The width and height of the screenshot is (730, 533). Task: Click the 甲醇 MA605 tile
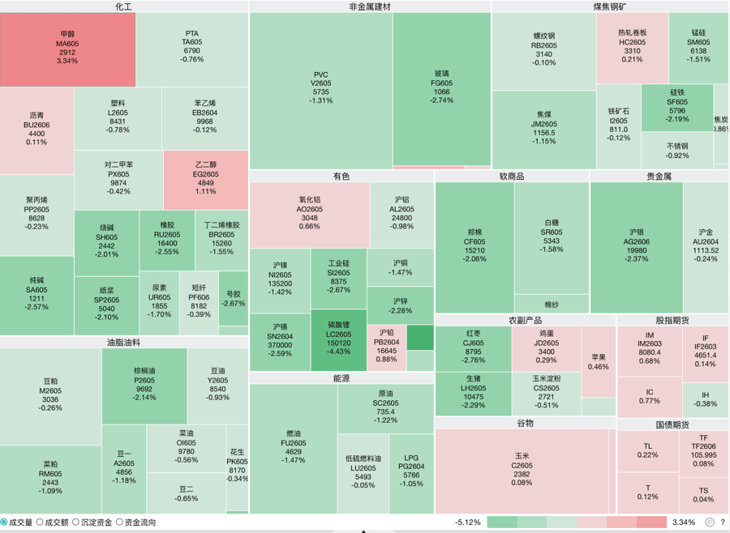click(x=67, y=49)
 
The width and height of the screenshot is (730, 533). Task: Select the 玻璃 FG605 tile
click(x=441, y=87)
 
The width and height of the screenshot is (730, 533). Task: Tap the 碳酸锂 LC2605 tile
click(x=338, y=339)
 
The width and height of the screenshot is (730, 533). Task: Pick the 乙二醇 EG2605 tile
click(x=206, y=179)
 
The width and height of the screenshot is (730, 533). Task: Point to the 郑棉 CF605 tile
click(x=474, y=245)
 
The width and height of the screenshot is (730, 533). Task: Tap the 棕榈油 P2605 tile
click(x=144, y=384)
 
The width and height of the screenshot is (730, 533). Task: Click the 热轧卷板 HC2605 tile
click(x=632, y=46)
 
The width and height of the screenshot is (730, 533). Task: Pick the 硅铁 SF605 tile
click(x=677, y=106)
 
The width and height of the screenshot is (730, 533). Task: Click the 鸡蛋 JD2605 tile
click(x=546, y=347)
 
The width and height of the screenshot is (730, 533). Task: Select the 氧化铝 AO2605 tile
click(x=309, y=213)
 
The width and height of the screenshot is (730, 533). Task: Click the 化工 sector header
click(x=123, y=6)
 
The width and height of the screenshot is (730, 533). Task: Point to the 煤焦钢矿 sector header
click(x=609, y=6)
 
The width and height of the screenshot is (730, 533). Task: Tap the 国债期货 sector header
click(x=672, y=424)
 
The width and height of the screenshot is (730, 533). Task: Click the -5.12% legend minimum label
click(x=467, y=522)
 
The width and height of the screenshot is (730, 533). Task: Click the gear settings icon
click(x=710, y=522)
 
